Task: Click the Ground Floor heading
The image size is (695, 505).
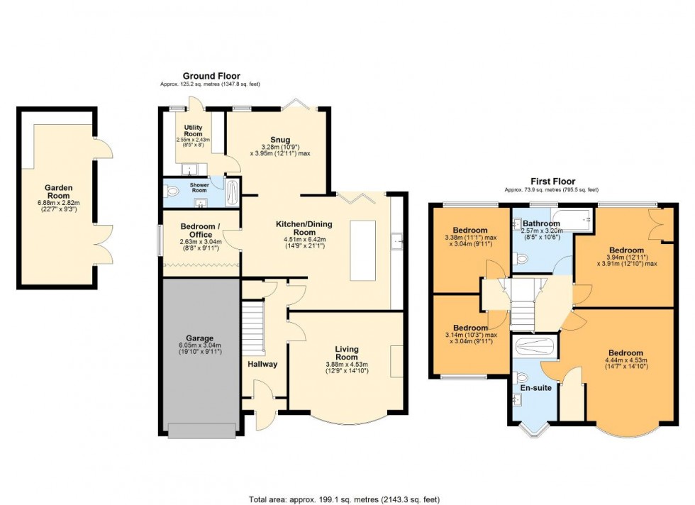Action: [x=211, y=76]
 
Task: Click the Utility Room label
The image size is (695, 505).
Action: [x=193, y=131]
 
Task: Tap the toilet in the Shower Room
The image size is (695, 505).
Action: [x=170, y=190]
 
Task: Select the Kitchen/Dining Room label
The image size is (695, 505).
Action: [x=304, y=228]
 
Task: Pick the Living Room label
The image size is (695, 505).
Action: [x=347, y=353]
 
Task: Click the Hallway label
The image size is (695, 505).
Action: [x=262, y=364]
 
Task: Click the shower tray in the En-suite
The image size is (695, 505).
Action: [x=535, y=347]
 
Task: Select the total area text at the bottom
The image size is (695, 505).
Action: [x=347, y=497]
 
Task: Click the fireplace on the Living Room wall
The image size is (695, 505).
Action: [x=397, y=362]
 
